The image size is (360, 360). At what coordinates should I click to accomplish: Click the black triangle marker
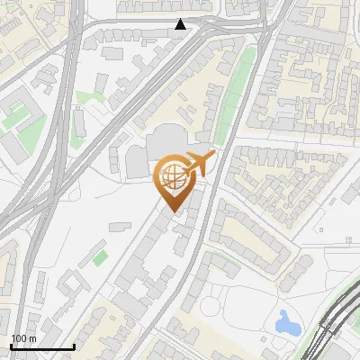point(181,24)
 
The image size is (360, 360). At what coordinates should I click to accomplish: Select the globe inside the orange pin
point(175,177)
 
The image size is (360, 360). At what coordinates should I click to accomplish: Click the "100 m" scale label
point(23,338)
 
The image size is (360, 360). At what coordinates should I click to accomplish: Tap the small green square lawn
point(100,258)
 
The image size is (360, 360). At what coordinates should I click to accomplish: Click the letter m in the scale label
point(31,338)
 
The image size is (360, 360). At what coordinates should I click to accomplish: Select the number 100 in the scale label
point(19,338)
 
